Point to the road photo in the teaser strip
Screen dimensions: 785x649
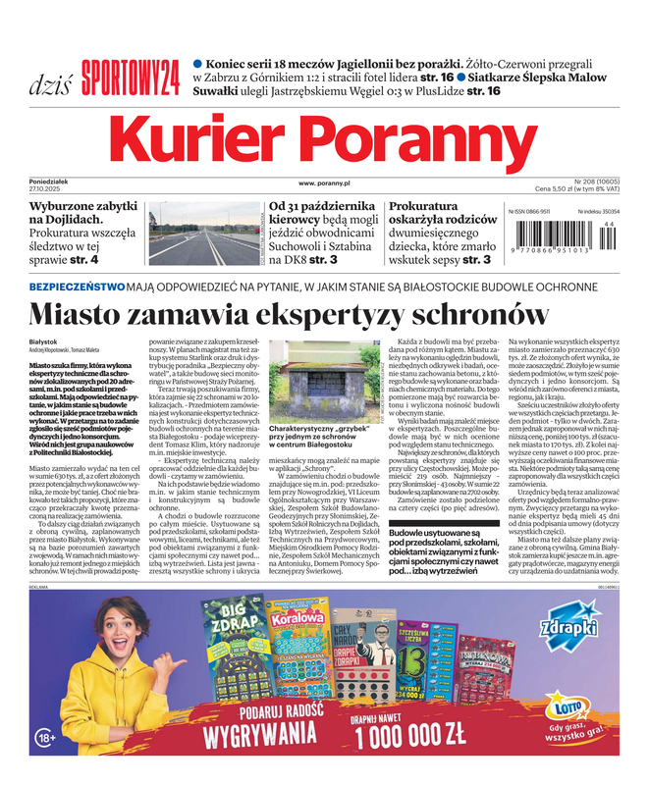[203, 235]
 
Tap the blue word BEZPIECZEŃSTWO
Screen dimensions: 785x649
[77, 287]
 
